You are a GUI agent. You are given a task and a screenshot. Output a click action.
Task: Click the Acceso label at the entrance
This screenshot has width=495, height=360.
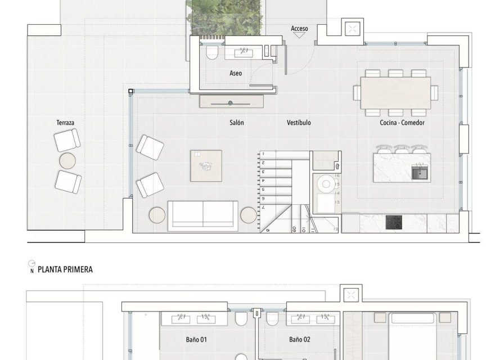(x=299, y=28)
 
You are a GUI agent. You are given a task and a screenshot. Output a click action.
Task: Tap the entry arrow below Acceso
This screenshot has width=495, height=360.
(x=299, y=35)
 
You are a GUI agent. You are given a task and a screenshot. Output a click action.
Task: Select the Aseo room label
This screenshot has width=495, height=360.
(x=236, y=73)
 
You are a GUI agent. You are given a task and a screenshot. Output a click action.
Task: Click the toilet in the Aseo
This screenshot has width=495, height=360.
(x=212, y=53)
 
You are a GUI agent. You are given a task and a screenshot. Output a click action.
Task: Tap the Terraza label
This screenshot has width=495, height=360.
(x=65, y=122)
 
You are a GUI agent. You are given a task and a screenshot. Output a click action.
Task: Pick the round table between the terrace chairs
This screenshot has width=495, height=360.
(x=68, y=161)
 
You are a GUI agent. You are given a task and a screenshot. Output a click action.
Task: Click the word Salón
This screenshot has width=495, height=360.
(x=236, y=122)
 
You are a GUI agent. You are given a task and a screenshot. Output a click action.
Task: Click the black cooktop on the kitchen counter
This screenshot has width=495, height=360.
(x=394, y=222)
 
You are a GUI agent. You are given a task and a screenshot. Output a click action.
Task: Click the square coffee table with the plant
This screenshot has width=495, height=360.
(x=206, y=165)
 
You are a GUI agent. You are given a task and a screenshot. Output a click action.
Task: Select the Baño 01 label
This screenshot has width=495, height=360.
(x=196, y=340)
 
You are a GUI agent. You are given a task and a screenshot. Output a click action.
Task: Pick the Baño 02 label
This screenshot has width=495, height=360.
(x=300, y=340)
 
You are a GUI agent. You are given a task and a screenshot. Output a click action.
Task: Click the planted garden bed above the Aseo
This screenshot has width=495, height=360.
(x=226, y=17)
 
